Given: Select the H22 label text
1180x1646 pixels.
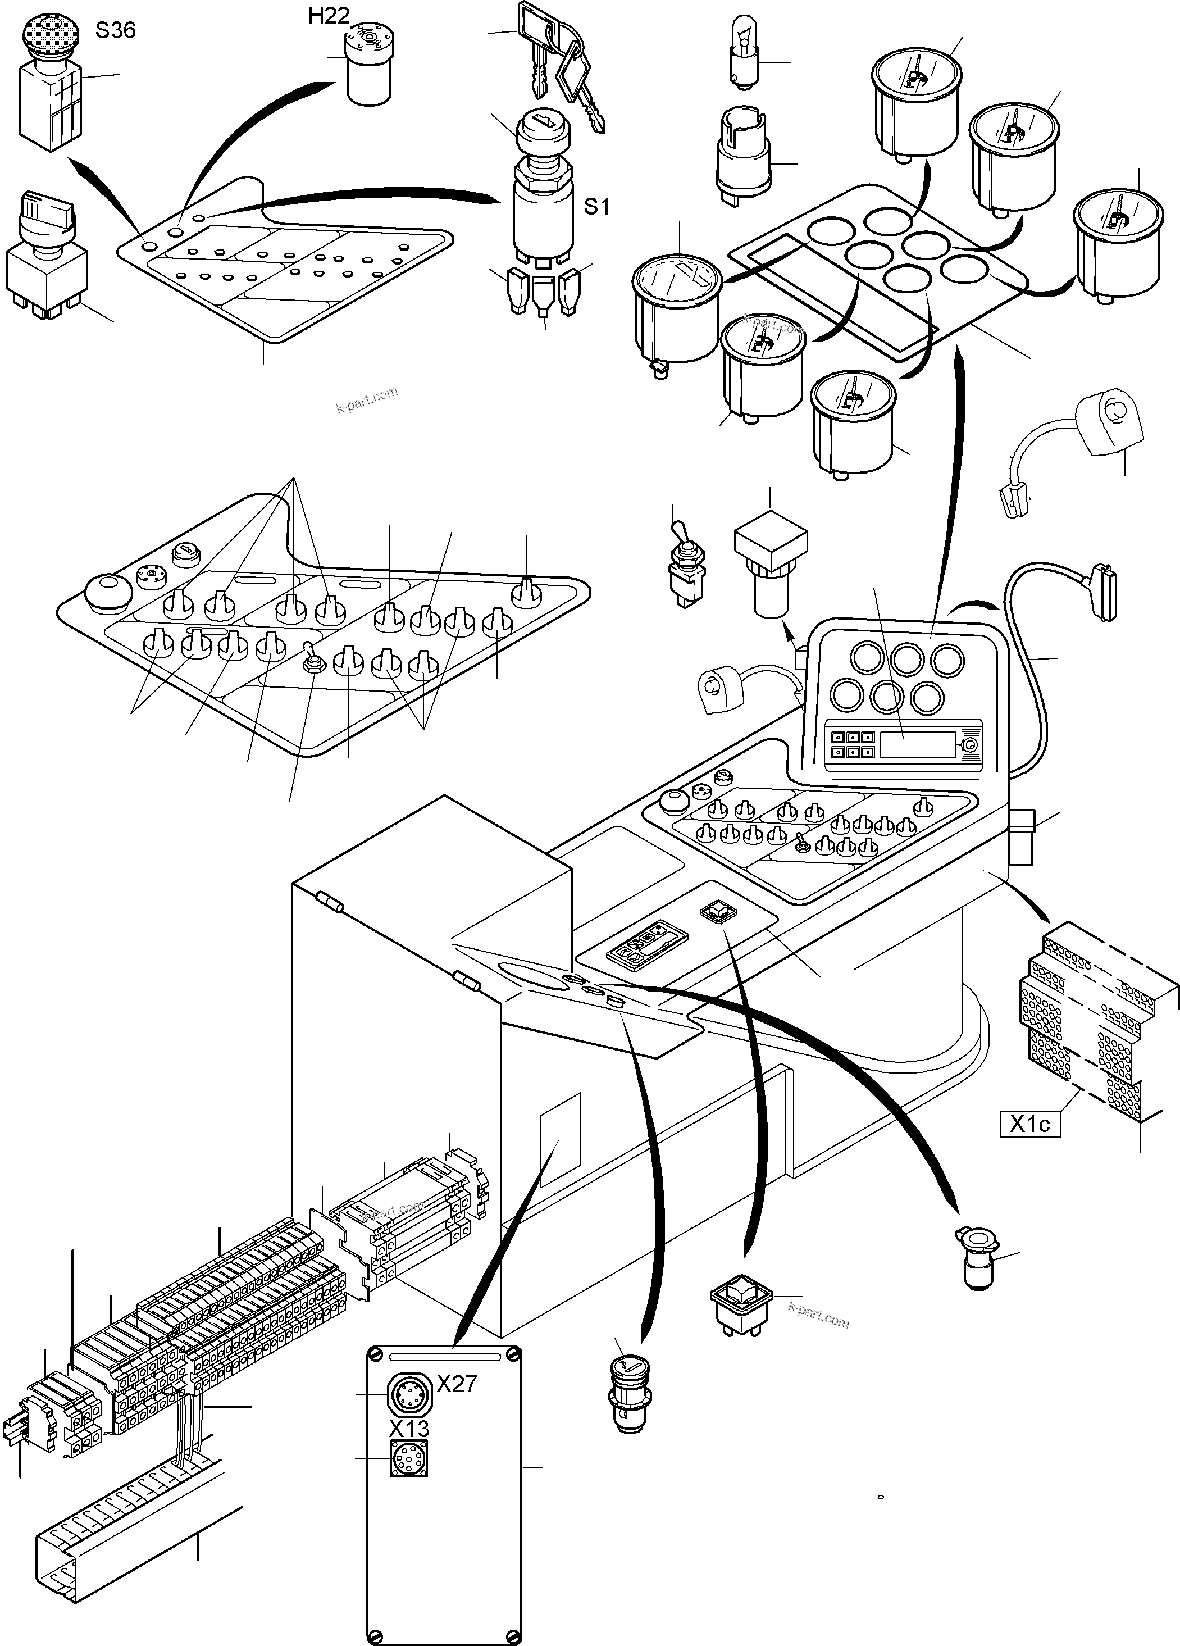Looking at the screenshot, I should pos(328,16).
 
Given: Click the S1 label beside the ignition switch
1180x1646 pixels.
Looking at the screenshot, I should pos(596,207).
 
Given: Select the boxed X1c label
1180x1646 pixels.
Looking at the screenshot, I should pos(1030,1124).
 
